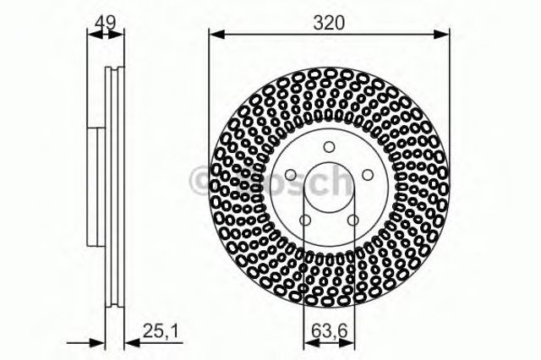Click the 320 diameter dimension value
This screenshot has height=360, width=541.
[329, 23]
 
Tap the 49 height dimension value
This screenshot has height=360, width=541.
[106, 22]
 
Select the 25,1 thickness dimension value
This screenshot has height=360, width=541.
[161, 332]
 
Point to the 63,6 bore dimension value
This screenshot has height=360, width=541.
[329, 332]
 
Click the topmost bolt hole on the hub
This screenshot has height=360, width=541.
[330, 146]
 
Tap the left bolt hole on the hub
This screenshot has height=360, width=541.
[291, 175]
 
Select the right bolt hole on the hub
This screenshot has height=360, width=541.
[369, 175]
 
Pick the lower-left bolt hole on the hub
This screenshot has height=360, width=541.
[305, 220]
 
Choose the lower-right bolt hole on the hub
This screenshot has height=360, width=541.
[353, 220]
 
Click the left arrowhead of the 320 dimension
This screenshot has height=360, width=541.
[217, 34]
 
